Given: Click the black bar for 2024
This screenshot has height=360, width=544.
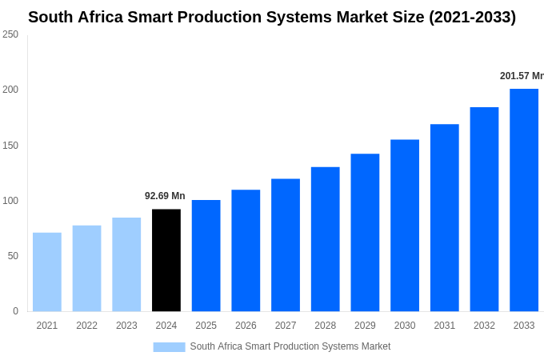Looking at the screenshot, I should [x=166, y=260].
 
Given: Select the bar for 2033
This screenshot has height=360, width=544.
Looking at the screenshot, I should [x=524, y=200].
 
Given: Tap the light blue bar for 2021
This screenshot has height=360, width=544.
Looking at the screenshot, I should [x=47, y=272].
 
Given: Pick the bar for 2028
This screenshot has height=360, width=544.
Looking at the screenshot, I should [x=326, y=239].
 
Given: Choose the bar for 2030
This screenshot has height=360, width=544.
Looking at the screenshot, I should [x=405, y=226].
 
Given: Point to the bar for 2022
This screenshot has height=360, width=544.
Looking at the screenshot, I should [x=86, y=268].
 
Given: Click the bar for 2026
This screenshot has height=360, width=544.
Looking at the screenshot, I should [x=246, y=250].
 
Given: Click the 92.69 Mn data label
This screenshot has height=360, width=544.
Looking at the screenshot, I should [x=165, y=196].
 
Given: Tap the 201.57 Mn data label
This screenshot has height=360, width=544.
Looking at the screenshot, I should [x=522, y=76].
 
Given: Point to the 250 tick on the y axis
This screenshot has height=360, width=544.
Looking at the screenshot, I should [x=10, y=34].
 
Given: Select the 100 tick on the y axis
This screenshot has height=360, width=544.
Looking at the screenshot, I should [x=10, y=201].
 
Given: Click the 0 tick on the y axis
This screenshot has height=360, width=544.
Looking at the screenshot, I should [x=15, y=311].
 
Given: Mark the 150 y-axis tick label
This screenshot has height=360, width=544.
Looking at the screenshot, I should [x=10, y=146].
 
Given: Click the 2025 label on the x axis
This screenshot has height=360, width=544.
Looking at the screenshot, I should [x=206, y=326].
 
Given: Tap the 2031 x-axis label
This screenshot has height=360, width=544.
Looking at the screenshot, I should [x=444, y=326].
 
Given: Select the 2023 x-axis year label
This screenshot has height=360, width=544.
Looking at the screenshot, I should [x=126, y=326].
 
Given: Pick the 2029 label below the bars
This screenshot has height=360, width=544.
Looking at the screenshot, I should [x=365, y=326].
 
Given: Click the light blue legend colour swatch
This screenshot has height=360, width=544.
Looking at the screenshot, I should [x=169, y=347].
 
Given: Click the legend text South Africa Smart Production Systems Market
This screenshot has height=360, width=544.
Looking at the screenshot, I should [x=290, y=346].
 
